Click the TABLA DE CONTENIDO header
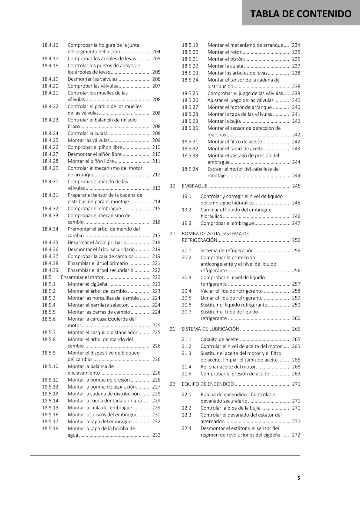pos(301,14)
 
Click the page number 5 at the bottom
pos(299,478)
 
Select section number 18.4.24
pos(50,133)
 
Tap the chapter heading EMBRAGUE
pos(194,186)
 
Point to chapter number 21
pos(172,329)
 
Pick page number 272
pos(296,435)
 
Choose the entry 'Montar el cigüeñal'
pos(88,284)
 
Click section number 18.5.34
pos(190,169)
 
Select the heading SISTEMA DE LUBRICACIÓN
pos(210,329)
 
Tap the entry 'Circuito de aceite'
pos(220,339)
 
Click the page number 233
pos(156,435)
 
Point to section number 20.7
pos(186,312)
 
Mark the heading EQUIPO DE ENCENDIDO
pos(208,384)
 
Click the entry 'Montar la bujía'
pos(224,121)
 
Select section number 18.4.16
pos(50,45)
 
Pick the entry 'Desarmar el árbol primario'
pos(97,243)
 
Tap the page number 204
pos(156,52)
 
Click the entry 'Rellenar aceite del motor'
pos(228,367)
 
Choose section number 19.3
pos(186,223)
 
